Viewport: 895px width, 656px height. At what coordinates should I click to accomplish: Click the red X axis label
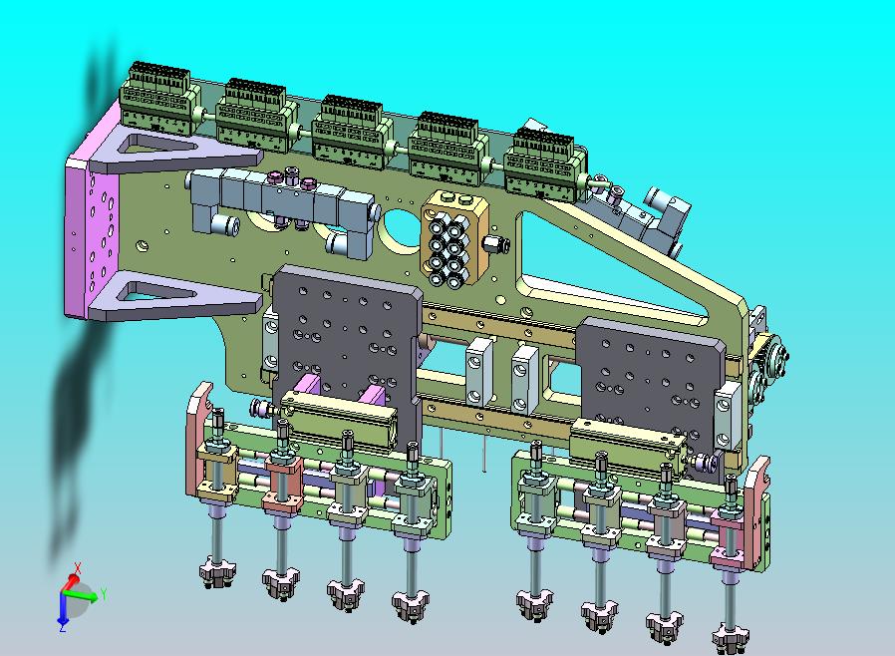tap(78, 568)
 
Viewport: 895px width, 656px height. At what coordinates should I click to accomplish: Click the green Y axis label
tap(104, 594)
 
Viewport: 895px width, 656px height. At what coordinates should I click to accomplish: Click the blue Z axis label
tap(63, 627)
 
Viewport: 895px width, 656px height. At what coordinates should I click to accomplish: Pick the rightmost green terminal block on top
tap(545, 163)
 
